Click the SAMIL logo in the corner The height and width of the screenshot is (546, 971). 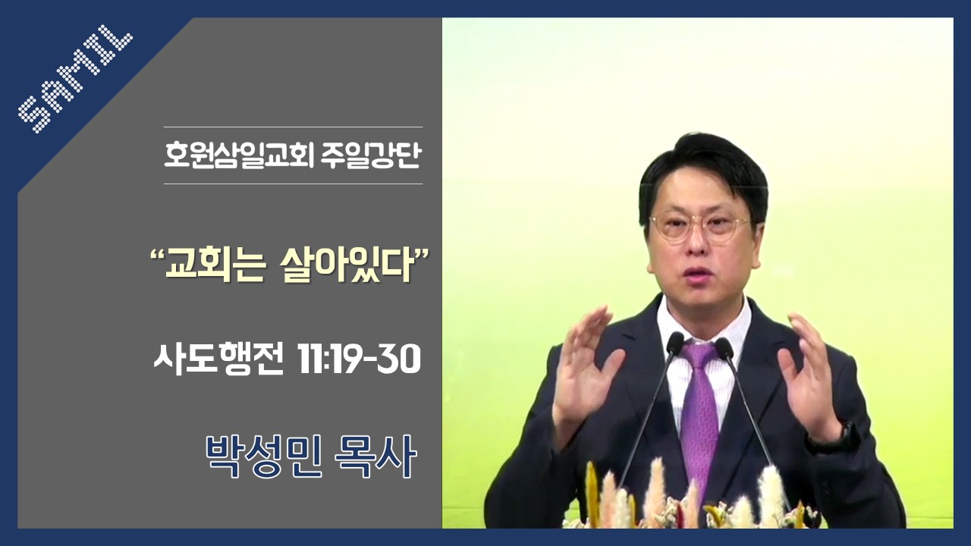[75, 79]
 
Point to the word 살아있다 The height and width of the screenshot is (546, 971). [346, 268]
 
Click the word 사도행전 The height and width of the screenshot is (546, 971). [219, 360]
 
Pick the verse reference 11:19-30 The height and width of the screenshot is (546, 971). [360, 360]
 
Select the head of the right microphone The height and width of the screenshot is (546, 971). [724, 347]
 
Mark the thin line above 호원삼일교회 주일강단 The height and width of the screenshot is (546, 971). [293, 127]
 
